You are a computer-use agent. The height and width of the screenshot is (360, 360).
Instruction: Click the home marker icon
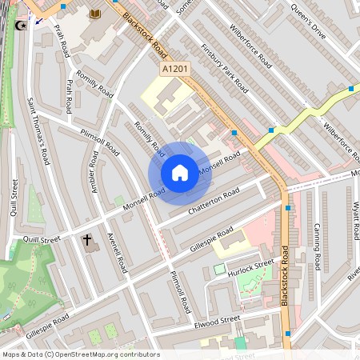pyautogui.click(x=180, y=173)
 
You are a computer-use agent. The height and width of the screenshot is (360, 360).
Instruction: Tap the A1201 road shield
pyautogui.click(x=175, y=70)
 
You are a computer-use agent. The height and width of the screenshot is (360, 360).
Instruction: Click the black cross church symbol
pyautogui.click(x=87, y=239)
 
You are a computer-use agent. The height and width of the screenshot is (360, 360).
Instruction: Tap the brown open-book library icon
pyautogui.click(x=96, y=14)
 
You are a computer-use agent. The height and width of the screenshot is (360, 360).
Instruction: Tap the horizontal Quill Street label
pyautogui.click(x=42, y=238)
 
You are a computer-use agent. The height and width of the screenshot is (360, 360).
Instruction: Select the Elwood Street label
pyautogui.click(x=217, y=322)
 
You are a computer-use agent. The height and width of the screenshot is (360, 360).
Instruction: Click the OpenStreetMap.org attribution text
pyautogui.click(x=104, y=354)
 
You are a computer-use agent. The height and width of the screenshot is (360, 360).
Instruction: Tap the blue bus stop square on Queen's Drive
pyautogui.click(x=351, y=89)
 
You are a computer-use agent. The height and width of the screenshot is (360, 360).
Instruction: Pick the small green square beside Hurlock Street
pyautogui.click(x=219, y=270)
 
